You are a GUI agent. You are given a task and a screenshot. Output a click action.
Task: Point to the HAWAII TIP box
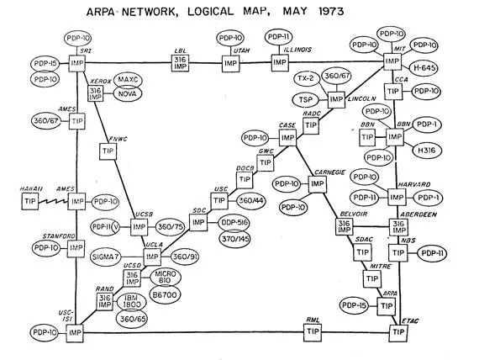(33, 201)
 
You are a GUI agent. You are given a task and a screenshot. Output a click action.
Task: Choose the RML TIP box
(313, 331)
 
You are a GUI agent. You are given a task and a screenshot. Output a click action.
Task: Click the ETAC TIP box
(397, 332)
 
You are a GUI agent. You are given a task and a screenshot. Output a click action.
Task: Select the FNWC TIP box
(108, 151)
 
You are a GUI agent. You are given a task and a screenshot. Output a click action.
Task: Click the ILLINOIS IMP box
(280, 62)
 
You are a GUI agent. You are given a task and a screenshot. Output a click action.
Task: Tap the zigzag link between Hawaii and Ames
(55, 201)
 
